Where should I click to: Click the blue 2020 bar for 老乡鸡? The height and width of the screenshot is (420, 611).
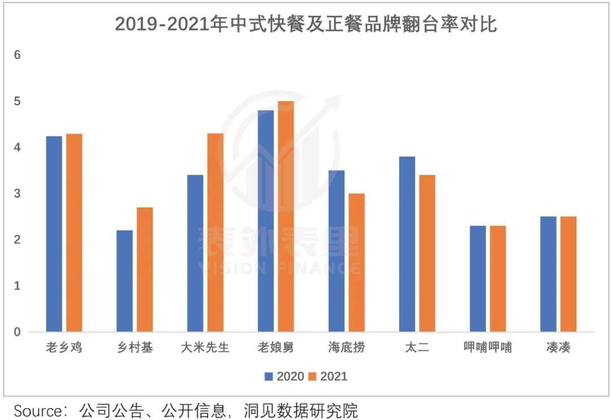coord(54,234)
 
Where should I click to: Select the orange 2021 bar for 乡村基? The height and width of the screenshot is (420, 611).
coord(145,269)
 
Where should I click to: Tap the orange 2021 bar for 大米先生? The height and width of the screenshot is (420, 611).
coord(216,233)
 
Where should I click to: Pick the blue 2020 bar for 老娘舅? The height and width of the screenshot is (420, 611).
coord(266,221)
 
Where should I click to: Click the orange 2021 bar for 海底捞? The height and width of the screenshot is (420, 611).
coord(357,263)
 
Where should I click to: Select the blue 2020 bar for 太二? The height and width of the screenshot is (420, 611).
coord(407,244)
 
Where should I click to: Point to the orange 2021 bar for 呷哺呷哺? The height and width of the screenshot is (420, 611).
coord(498,278)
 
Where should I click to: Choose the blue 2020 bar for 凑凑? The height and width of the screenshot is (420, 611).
coord(548,274)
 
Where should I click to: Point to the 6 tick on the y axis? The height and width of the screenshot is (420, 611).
coord(17,55)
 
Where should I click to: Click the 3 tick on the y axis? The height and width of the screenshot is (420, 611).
coord(17,194)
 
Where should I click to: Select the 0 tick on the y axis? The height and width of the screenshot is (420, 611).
coord(17,332)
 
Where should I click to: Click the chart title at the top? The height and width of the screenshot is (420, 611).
coord(305,24)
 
